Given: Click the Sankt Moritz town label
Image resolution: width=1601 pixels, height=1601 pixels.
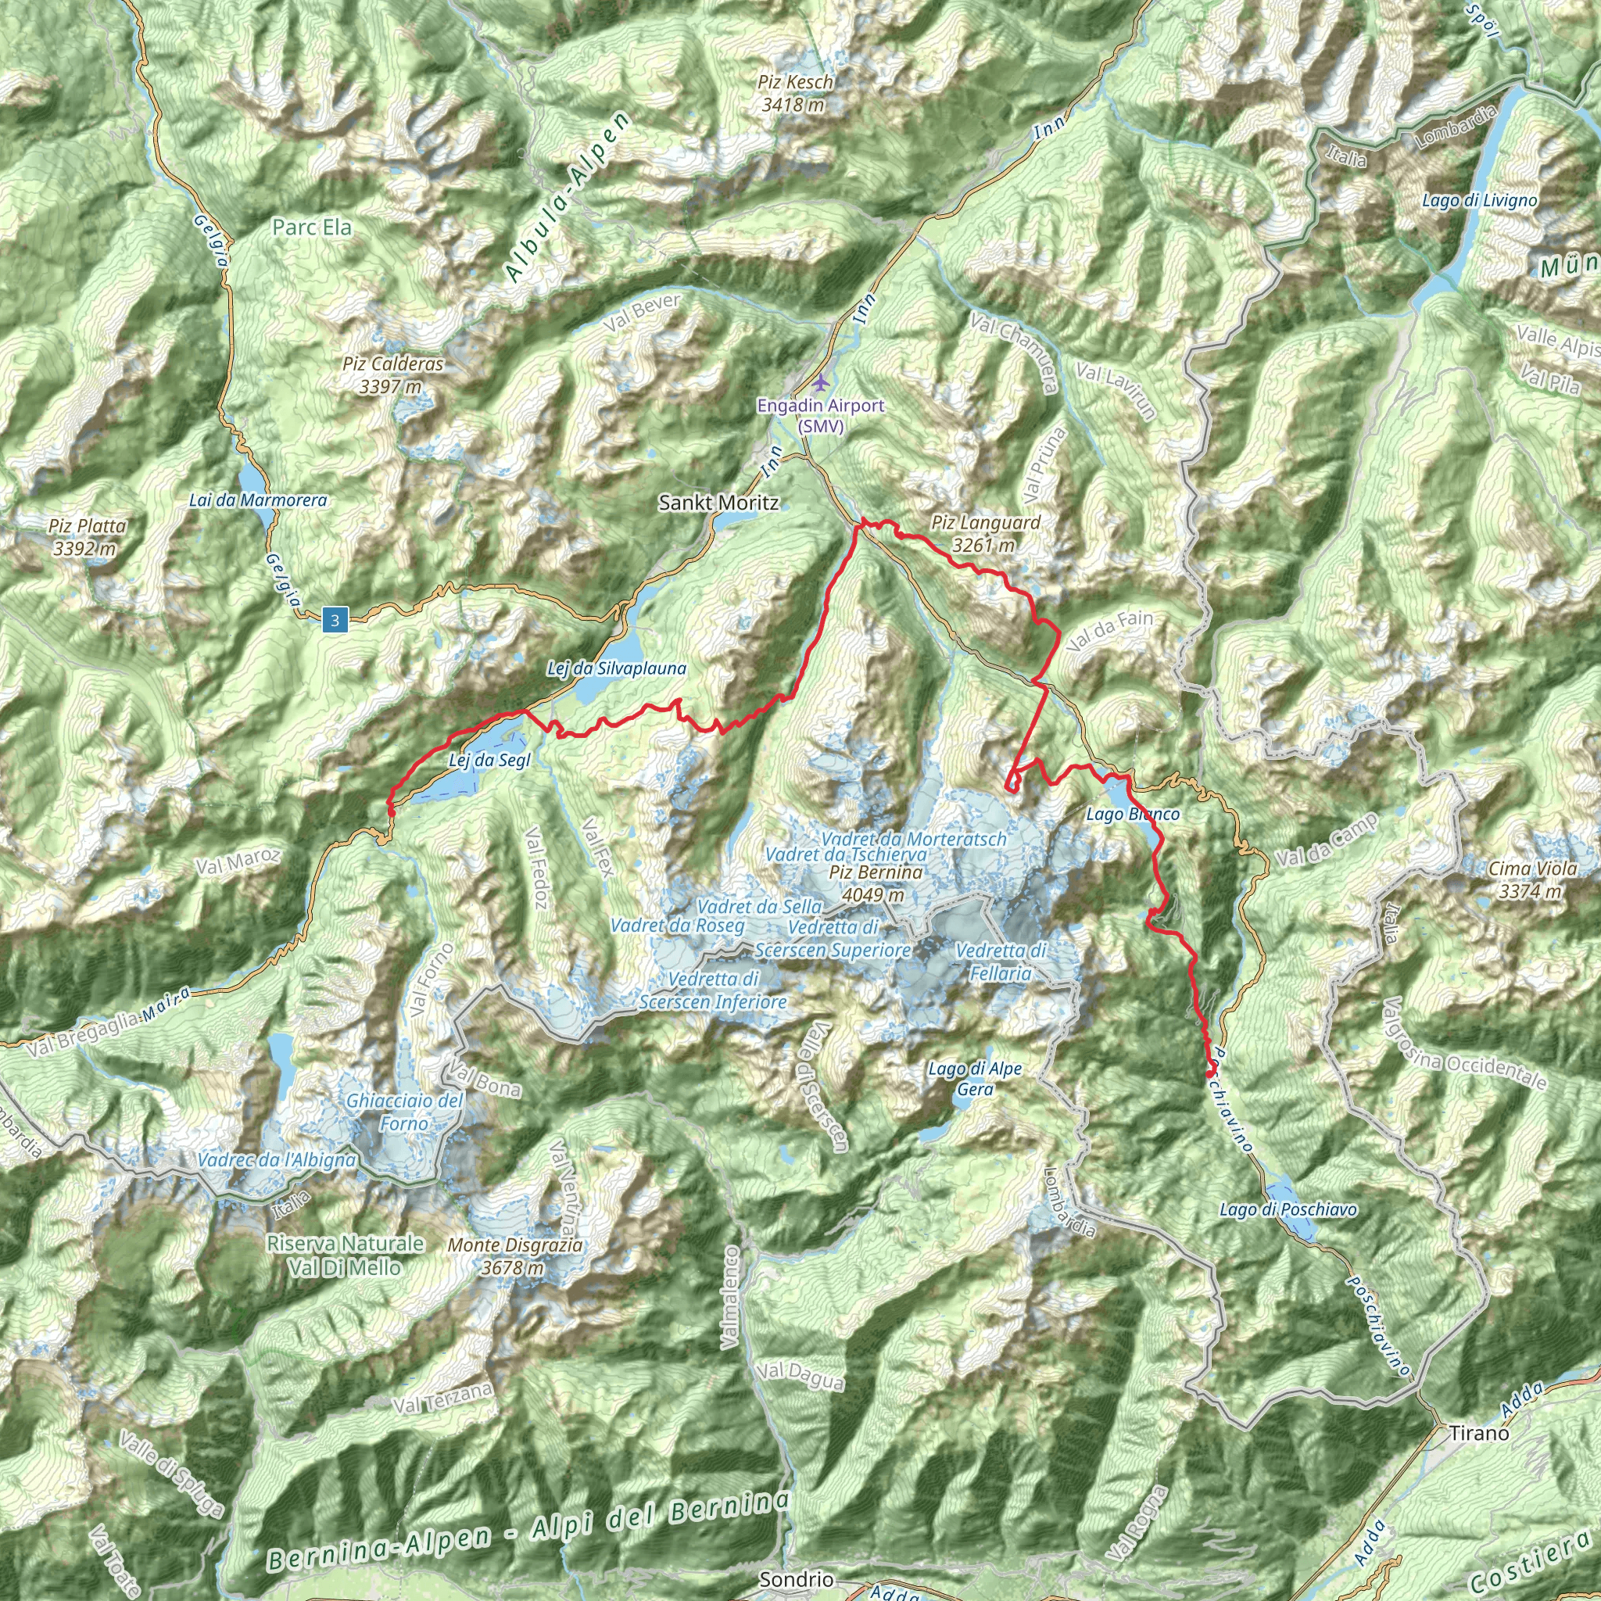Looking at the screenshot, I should point(718,502).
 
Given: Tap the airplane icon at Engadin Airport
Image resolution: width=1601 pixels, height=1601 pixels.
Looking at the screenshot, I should point(820,383).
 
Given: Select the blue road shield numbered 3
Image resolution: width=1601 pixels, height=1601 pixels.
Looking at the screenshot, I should point(335,619).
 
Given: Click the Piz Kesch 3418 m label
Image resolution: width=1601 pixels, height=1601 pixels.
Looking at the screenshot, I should point(795,94).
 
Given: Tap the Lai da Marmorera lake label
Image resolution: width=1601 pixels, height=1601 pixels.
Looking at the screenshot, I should point(258,500).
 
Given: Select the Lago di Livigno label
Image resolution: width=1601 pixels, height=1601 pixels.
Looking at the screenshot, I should point(1479,201).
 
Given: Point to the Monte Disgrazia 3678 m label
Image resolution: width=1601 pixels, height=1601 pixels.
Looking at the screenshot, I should point(514,1255).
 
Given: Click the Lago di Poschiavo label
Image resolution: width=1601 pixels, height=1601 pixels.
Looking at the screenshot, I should point(1288,1210).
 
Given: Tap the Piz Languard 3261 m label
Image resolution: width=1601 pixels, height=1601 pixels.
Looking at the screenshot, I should point(985,534).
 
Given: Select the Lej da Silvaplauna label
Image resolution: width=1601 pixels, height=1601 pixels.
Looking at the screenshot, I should point(616,668).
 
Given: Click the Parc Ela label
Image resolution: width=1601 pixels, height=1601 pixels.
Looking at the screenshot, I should point(312,227).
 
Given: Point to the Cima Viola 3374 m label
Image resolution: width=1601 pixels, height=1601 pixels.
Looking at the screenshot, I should point(1532,880).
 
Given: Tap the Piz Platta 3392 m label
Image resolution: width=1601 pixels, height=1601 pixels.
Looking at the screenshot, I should point(87,537).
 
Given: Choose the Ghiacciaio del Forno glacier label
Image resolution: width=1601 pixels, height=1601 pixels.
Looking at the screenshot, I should point(404,1112).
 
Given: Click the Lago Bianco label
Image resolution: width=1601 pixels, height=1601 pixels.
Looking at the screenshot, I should point(1132,814).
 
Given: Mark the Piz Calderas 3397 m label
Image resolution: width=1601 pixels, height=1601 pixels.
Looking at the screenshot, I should point(392,374).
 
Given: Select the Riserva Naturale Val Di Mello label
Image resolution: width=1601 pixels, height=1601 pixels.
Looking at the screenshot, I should point(345,1255).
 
